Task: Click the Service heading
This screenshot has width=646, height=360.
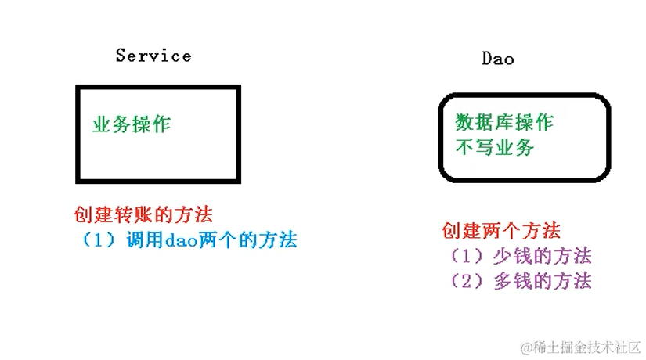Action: tap(153, 56)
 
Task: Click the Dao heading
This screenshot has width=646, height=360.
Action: tap(497, 58)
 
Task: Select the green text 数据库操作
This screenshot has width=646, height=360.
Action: tap(504, 123)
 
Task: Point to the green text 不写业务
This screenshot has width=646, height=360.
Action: tap(494, 146)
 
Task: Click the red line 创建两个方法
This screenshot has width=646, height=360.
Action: tap(501, 231)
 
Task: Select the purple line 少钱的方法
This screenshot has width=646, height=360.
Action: tap(520, 256)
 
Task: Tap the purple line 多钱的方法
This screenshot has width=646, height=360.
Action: tap(520, 281)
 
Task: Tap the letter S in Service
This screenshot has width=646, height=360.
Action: tap(121, 56)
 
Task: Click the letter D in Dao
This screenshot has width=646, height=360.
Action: tap(486, 58)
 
